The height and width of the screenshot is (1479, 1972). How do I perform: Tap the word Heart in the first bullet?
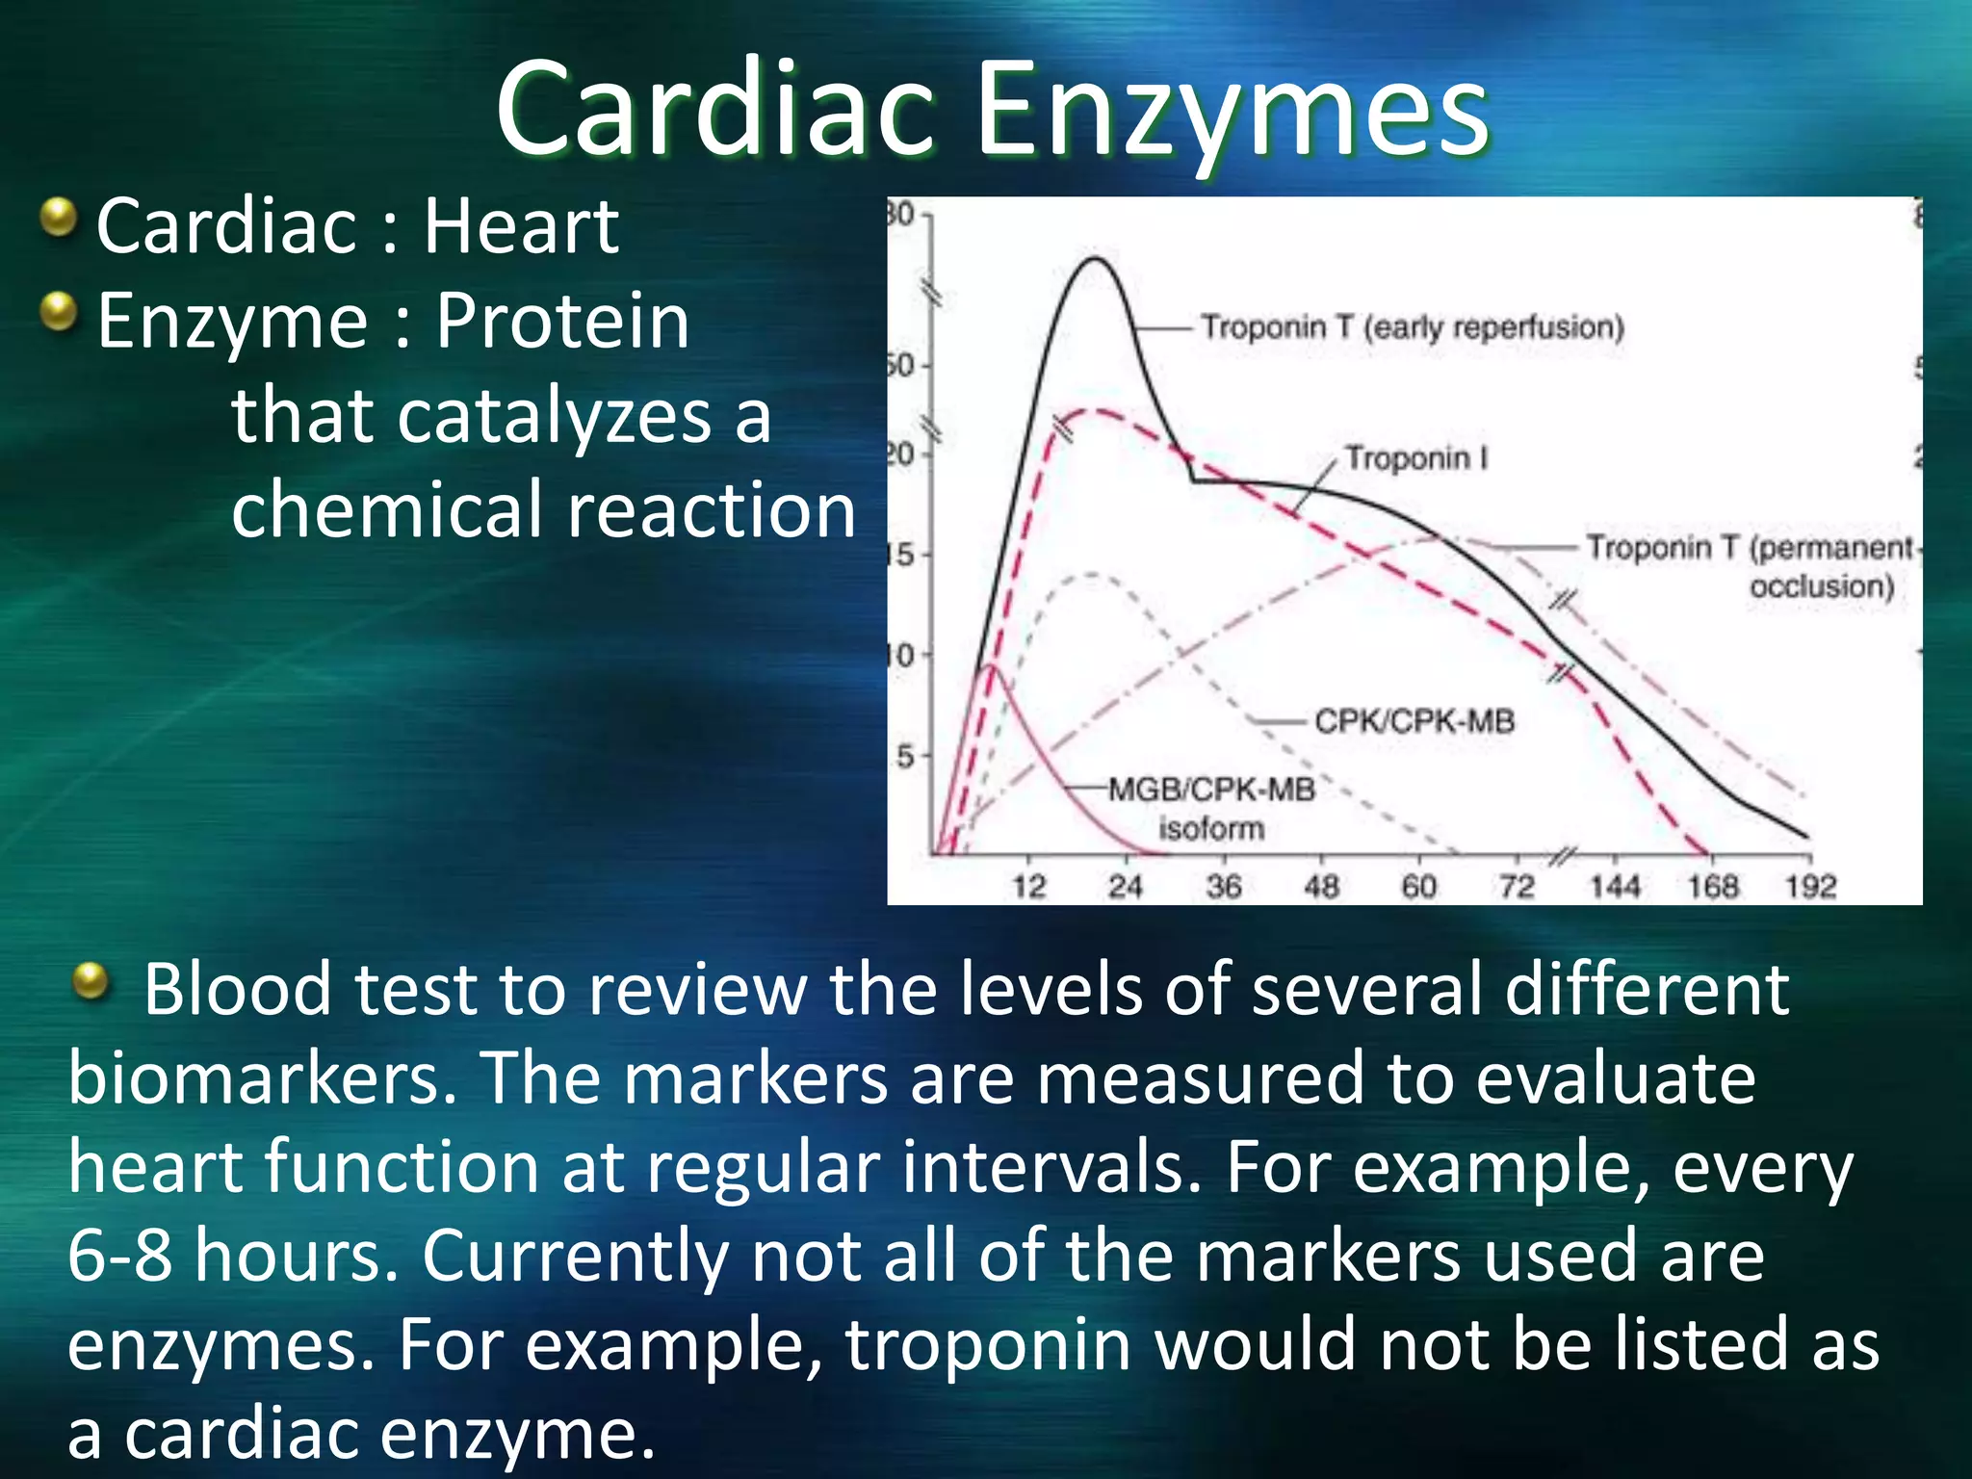[x=521, y=226]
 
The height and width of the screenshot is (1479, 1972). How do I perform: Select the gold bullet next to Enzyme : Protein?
[x=60, y=312]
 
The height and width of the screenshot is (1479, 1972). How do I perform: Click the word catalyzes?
[x=554, y=417]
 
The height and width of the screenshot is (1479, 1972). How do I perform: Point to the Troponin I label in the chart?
[x=1415, y=458]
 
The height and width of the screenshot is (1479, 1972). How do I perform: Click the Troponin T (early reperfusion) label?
[x=1412, y=327]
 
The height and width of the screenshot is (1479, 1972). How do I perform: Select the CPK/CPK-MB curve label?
[x=1414, y=721]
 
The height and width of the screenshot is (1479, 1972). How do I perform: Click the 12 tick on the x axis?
[x=1028, y=886]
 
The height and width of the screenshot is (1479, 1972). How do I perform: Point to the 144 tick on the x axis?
[x=1614, y=886]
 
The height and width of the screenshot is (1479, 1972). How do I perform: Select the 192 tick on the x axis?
[x=1810, y=886]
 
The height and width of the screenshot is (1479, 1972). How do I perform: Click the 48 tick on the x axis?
[x=1321, y=886]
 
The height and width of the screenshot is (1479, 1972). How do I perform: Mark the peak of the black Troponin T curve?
[x=1094, y=258]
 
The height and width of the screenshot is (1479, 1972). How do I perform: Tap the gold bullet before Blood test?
[x=91, y=981]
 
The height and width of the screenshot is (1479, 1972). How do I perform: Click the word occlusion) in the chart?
[x=1821, y=586]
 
